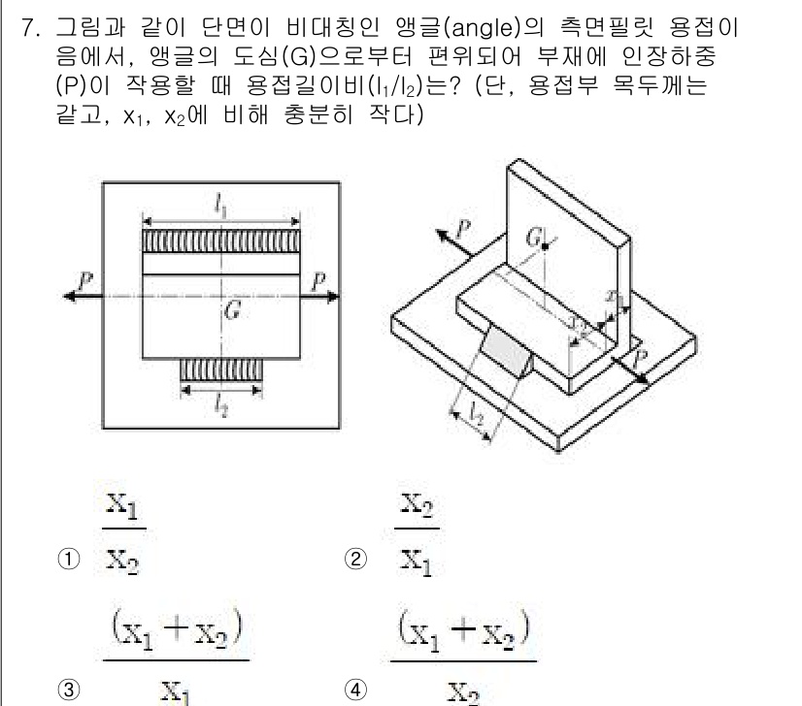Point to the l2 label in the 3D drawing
tap(473, 414)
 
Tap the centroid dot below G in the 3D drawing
tap(547, 248)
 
